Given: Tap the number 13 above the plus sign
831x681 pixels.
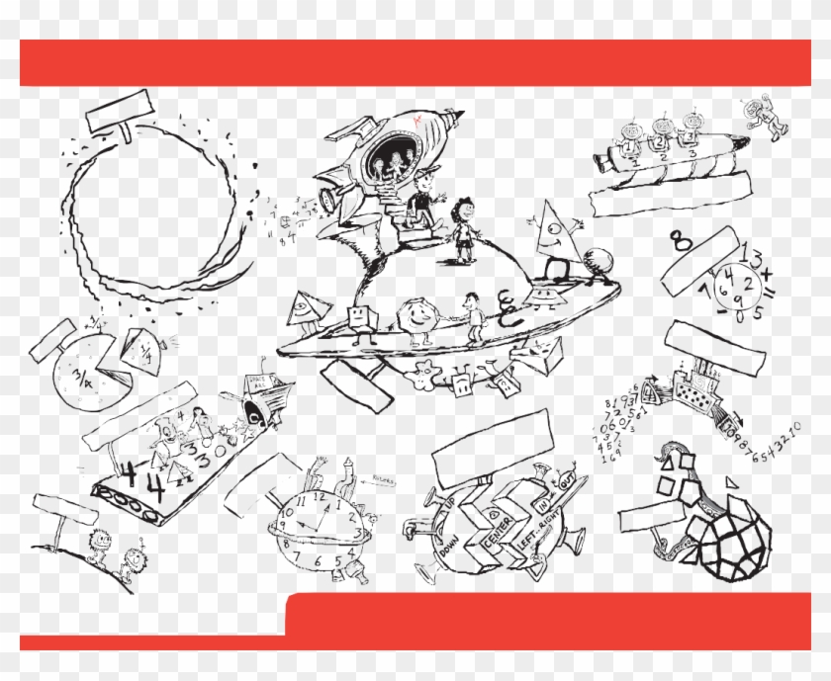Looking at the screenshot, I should coord(753,259).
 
